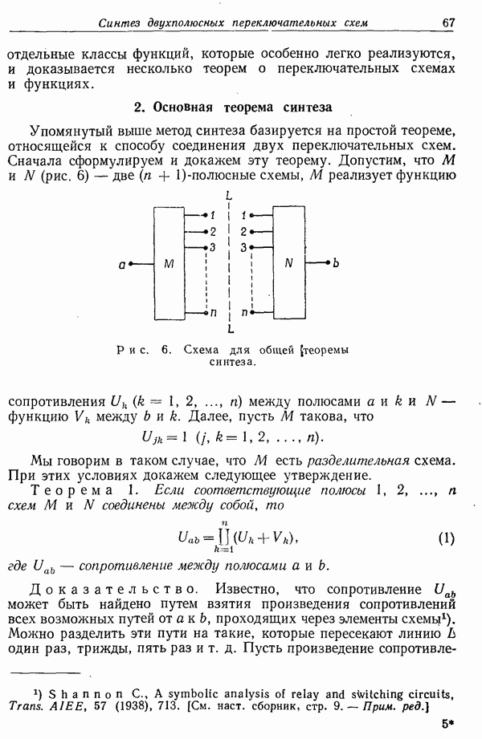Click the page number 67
(x=447, y=22)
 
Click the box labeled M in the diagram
(x=169, y=263)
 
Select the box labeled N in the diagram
(x=289, y=263)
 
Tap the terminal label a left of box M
(x=122, y=265)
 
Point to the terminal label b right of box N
(x=336, y=262)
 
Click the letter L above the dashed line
(x=228, y=195)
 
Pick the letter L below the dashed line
(x=231, y=329)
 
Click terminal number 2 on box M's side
(x=213, y=232)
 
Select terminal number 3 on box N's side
(x=243, y=247)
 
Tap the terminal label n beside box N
(x=244, y=313)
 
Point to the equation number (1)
(x=446, y=538)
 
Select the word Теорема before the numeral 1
(x=71, y=490)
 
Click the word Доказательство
(x=112, y=590)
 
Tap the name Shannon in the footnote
(x=88, y=694)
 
